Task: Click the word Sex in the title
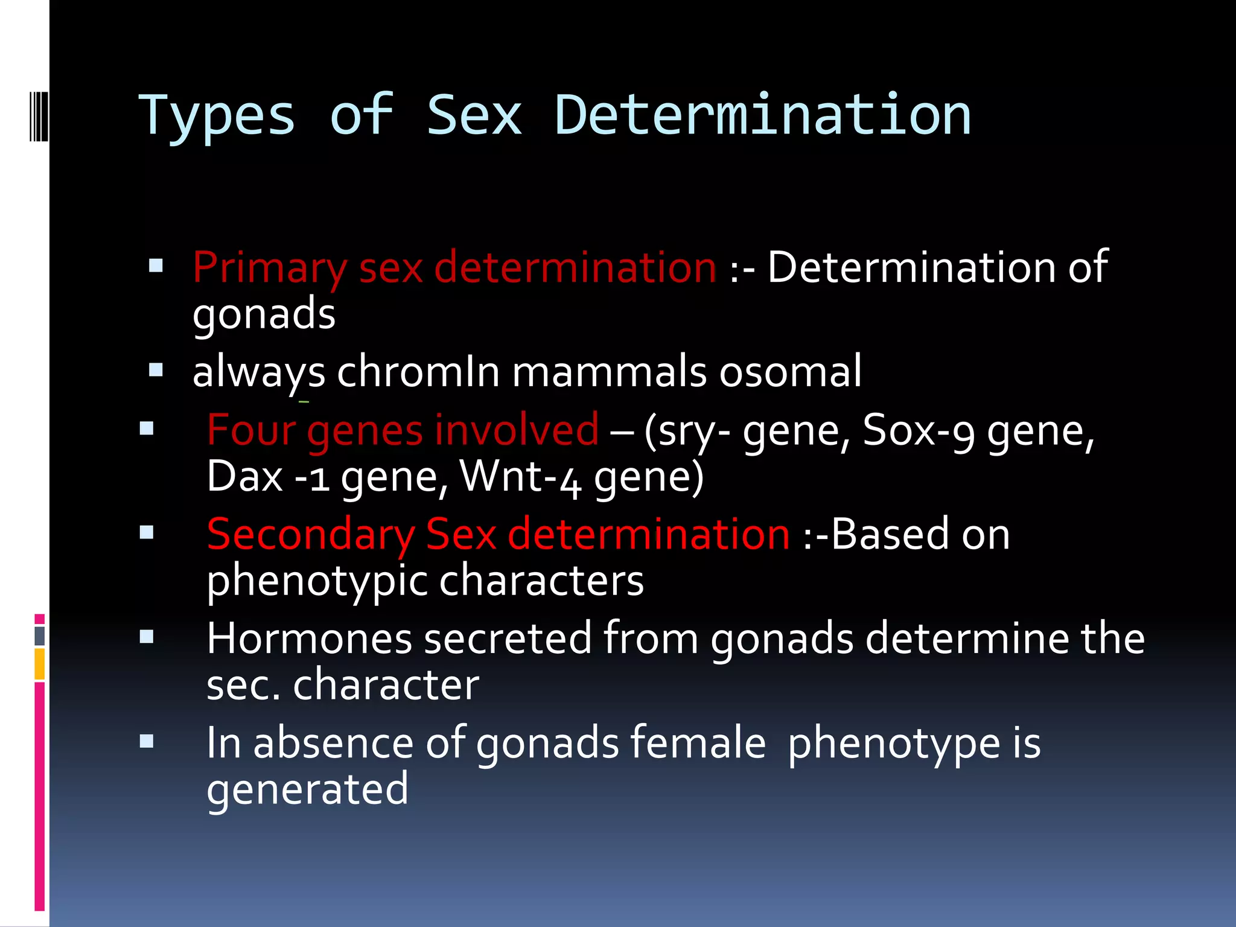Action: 474,116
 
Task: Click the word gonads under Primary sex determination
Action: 264,314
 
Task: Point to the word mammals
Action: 609,372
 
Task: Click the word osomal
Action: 790,372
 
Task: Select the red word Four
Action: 251,430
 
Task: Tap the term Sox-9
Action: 918,430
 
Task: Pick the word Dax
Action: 244,477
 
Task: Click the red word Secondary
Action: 310,535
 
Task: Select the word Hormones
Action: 309,639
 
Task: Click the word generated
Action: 307,789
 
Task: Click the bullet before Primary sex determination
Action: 156,266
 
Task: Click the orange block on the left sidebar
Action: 40,664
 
